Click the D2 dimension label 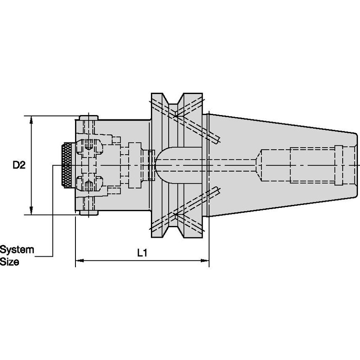click(x=19, y=165)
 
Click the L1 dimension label click(x=142, y=253)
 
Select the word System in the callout click(x=17, y=250)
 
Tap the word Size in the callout click(x=9, y=262)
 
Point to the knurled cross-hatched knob click(x=67, y=165)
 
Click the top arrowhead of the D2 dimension click(x=32, y=120)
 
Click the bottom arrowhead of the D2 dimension click(x=32, y=210)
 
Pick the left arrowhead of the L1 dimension click(x=80, y=261)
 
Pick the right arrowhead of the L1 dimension click(x=205, y=261)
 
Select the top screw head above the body click(x=89, y=118)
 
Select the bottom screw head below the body click(x=89, y=213)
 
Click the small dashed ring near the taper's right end click(x=339, y=165)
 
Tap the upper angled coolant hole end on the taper click(x=217, y=140)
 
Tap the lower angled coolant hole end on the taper click(x=217, y=191)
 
